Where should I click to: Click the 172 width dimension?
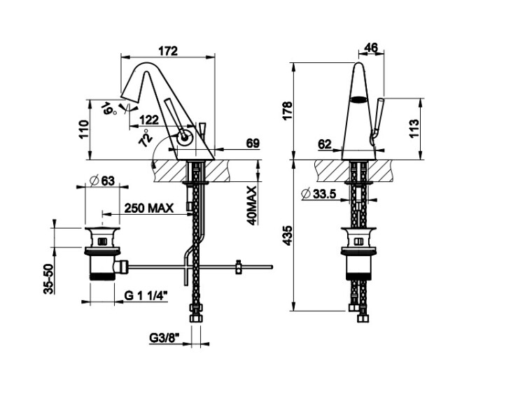pos(168,51)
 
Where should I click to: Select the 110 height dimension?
pos(84,129)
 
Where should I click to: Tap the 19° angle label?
pos(109,109)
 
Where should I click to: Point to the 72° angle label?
pos(146,137)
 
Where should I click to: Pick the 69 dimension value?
pos(253,143)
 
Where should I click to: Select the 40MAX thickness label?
pos(252,206)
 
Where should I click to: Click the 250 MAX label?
pos(149,209)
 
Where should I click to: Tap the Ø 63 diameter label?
pos(102,181)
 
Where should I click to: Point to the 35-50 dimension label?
pos(49,279)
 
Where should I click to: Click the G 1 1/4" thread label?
pos(146,295)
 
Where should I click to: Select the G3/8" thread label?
pos(164,338)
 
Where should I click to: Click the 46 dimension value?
pos(370,48)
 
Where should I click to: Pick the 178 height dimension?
pos(288,110)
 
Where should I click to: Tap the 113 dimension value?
pos(414,129)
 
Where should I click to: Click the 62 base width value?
pos(324,144)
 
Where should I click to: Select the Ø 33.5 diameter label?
pos(318,193)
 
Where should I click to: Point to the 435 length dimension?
pos(288,236)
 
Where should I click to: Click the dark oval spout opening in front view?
pos(358,99)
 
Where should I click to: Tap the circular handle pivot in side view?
pos(184,138)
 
